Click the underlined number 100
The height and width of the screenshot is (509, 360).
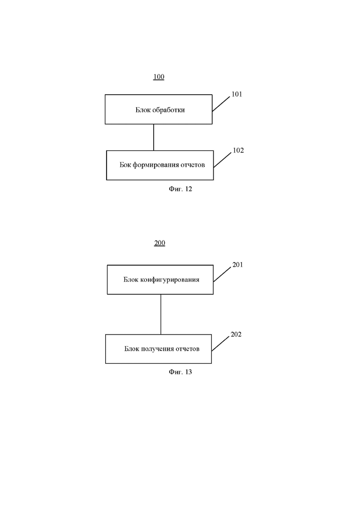click(159, 77)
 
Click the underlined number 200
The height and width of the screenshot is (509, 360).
click(159, 243)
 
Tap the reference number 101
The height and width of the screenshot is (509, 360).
click(237, 94)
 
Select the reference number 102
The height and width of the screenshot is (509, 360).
click(238, 150)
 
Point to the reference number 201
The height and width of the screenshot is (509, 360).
click(238, 265)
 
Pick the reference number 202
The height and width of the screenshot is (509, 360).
click(236, 335)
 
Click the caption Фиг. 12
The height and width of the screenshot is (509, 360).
click(180, 189)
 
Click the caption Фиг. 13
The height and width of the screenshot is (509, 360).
click(180, 372)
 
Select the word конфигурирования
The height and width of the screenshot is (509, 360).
click(170, 280)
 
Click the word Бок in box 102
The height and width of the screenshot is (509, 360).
click(125, 165)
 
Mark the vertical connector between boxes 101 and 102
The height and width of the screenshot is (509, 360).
click(154, 138)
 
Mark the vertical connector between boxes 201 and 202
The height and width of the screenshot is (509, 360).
click(161, 315)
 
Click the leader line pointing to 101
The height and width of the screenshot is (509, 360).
click(221, 104)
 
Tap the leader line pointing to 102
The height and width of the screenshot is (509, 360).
click(222, 160)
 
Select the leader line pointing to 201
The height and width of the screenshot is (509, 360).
click(222, 274)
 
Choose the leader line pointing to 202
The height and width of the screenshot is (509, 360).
click(221, 343)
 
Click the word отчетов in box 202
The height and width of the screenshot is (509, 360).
click(188, 349)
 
